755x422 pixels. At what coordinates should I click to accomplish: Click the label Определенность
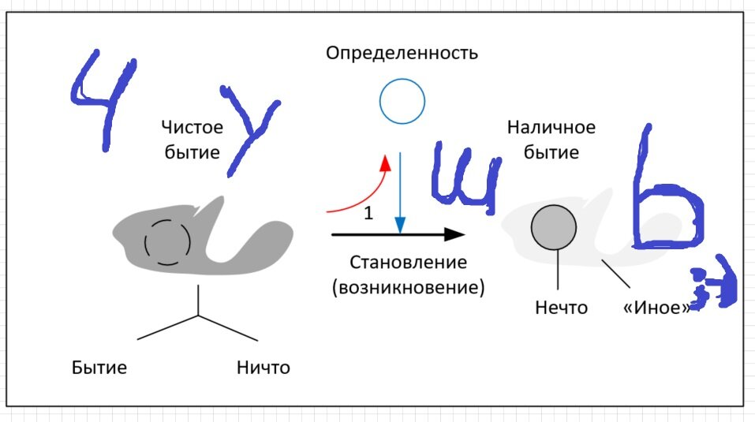pyautogui.click(x=402, y=54)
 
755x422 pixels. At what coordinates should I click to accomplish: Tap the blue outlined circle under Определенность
pyautogui.click(x=402, y=101)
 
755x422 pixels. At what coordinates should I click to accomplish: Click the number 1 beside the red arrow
pyautogui.click(x=368, y=213)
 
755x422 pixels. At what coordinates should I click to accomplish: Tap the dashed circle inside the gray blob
pyautogui.click(x=166, y=241)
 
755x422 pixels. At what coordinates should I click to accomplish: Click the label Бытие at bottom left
pyautogui.click(x=99, y=368)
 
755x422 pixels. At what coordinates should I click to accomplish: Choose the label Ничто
pyautogui.click(x=263, y=368)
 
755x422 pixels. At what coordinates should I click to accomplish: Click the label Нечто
pyautogui.click(x=560, y=308)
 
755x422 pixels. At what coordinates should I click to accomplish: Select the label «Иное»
pyautogui.click(x=656, y=308)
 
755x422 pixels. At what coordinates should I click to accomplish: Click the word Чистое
pyautogui.click(x=192, y=127)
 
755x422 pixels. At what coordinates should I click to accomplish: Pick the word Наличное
pyautogui.click(x=551, y=127)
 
